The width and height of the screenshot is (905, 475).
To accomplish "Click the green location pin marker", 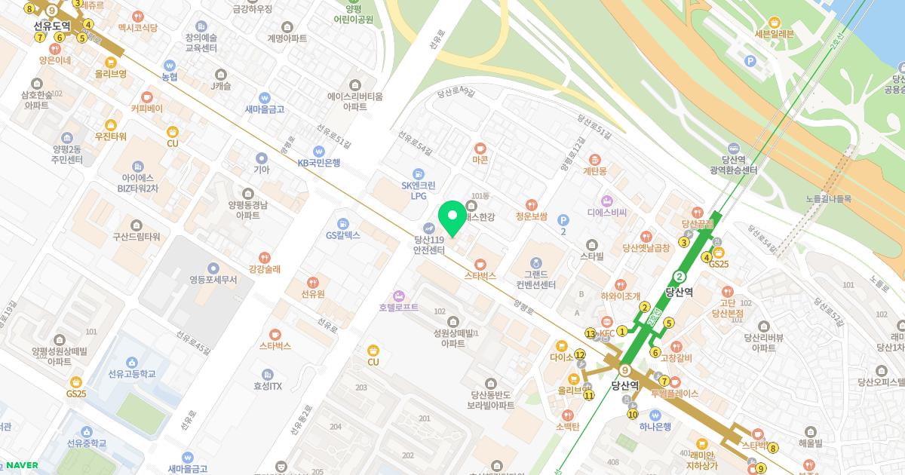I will tap(452, 219).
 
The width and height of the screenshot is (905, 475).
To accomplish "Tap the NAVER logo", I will tap(23, 465).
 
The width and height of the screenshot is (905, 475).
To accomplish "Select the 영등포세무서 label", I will tap(213, 279).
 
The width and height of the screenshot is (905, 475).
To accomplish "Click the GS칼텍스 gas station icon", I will tap(343, 224).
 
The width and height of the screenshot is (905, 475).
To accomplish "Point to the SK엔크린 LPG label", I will tap(418, 189).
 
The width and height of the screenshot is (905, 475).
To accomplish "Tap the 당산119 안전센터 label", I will tap(428, 245).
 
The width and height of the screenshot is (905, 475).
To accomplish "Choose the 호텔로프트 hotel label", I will tap(399, 308).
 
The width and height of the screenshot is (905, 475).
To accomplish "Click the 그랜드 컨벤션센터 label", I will tap(535, 279).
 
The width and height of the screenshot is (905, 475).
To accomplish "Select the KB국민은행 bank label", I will tap(319, 162).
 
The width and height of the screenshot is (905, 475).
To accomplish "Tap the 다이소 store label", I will tap(563, 357).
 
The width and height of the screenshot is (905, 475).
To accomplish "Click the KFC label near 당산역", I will tap(607, 333).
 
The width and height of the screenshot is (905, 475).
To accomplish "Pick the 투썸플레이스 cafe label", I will tap(675, 394).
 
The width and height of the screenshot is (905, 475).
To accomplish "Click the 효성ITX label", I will tap(267, 386).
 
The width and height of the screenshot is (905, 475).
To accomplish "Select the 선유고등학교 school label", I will tap(132, 373).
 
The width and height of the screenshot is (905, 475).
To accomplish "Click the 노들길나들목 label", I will tap(827, 199).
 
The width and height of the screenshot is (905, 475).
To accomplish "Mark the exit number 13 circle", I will tap(591, 333).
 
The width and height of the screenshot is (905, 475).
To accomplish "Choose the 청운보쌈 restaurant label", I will tap(531, 215).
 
